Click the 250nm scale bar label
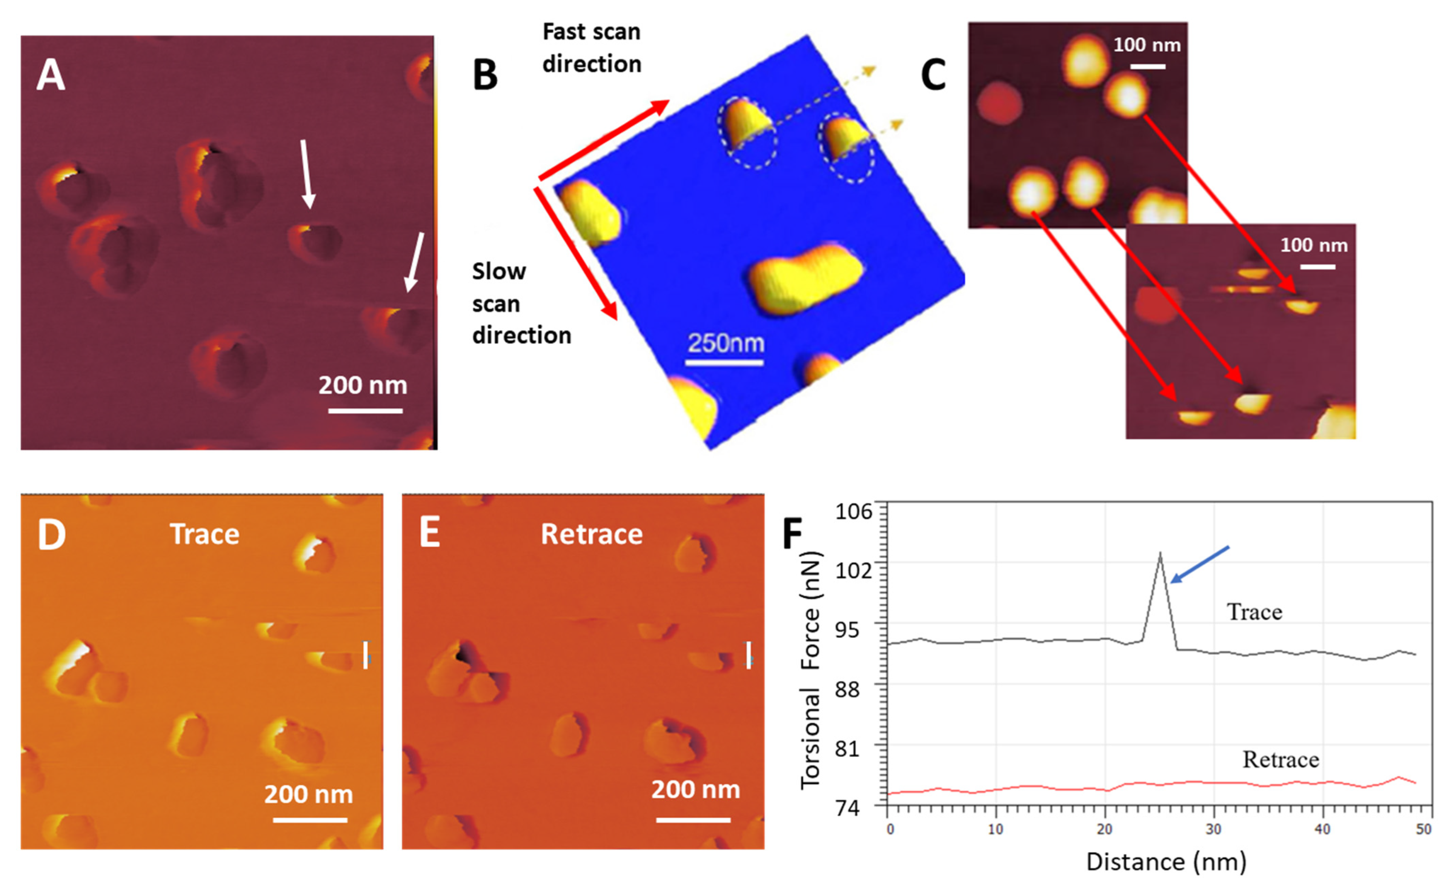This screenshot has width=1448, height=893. click(725, 343)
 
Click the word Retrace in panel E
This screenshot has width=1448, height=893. click(591, 534)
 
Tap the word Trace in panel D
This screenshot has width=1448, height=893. click(204, 534)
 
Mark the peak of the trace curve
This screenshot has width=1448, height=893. click(1160, 554)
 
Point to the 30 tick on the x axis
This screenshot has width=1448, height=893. click(1213, 829)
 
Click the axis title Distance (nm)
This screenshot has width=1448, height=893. click(1166, 862)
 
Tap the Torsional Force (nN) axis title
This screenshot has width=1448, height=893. click(811, 670)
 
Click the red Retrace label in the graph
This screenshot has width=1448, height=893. click(1281, 759)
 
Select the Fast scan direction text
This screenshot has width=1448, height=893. click(591, 48)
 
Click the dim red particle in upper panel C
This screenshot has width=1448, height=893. click(1000, 103)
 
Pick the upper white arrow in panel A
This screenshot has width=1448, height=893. click(306, 174)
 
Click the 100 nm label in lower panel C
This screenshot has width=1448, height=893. click(1314, 245)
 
